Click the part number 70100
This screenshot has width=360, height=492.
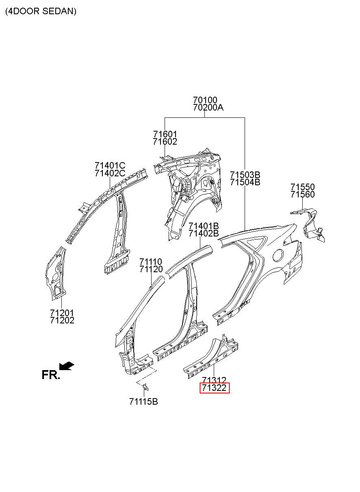[x=205, y=100]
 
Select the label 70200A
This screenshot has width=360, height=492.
[x=208, y=108]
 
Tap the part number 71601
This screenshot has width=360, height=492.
[x=165, y=134]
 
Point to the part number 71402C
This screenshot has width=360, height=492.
[x=110, y=173]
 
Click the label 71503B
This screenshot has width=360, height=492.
[x=245, y=175]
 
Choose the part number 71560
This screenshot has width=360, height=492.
[x=302, y=194]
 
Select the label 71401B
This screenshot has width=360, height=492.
[x=204, y=226]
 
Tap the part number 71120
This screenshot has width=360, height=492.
[x=151, y=269]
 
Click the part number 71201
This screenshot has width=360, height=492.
[x=62, y=312]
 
